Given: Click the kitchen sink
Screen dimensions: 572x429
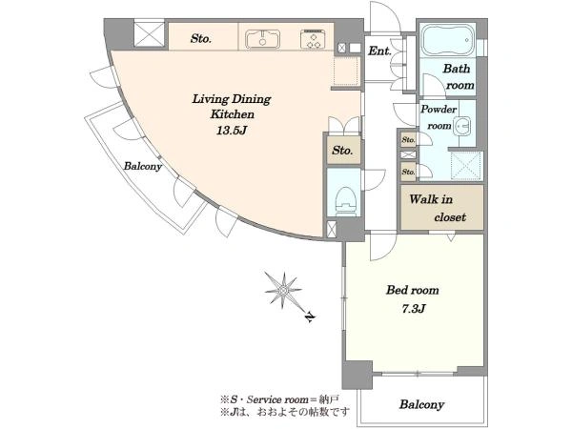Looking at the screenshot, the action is click(x=263, y=39).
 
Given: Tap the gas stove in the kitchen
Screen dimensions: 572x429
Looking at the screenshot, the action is click(x=313, y=39).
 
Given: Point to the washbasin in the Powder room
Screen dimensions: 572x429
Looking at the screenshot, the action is click(x=462, y=126).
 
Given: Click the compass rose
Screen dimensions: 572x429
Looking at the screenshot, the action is click(x=283, y=291).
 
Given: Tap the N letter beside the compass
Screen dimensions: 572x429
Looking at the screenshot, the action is click(x=309, y=317).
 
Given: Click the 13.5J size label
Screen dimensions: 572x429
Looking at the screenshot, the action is click(x=233, y=131).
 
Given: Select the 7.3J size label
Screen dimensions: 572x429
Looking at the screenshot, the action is click(x=414, y=309).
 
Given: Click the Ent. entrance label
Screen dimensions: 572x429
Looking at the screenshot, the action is click(x=379, y=51).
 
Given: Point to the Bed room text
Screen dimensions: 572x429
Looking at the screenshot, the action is click(x=413, y=290).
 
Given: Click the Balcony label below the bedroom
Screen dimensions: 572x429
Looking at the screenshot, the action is click(x=421, y=404).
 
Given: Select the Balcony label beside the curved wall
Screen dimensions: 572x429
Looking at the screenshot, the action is click(x=143, y=166).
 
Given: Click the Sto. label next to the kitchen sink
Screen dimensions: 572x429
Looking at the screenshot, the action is click(x=200, y=38).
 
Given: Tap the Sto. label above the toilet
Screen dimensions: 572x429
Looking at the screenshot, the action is click(x=342, y=151).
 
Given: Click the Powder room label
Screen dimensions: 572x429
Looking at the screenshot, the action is click(x=439, y=117).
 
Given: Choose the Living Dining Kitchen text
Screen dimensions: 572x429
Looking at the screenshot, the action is click(x=232, y=106).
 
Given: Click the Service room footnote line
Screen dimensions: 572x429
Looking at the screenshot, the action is click(x=280, y=399).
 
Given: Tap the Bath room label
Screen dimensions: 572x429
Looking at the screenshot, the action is click(x=459, y=76).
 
